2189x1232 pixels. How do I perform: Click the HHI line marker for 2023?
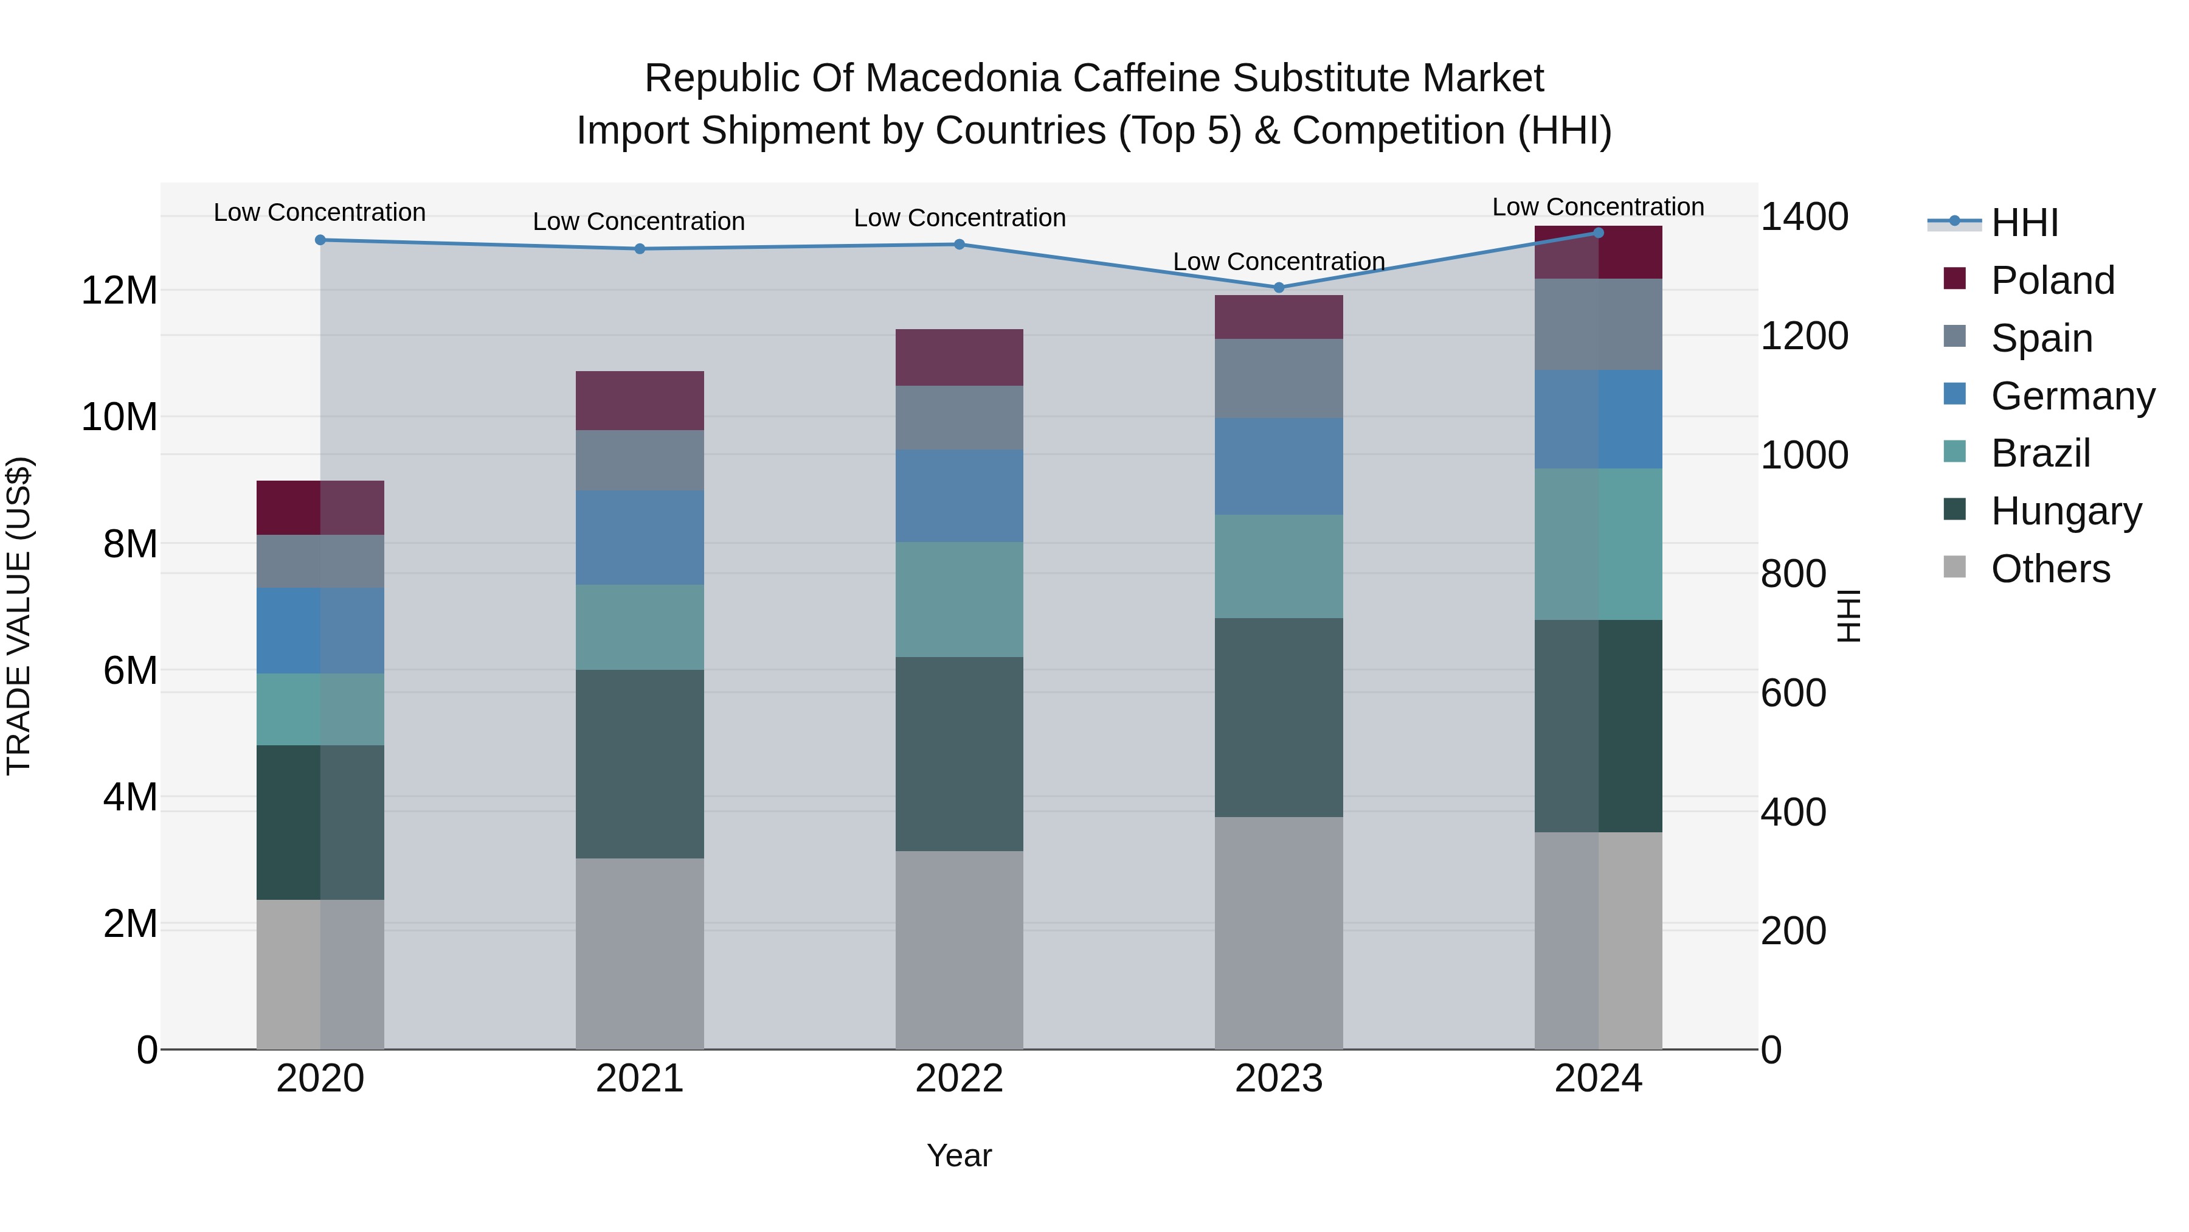click(x=1279, y=287)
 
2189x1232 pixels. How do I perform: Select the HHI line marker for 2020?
click(x=320, y=240)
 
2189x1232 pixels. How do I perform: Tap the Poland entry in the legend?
click(x=2052, y=280)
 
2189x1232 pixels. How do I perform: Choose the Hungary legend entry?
click(x=2066, y=511)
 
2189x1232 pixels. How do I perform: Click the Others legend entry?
click(x=2050, y=569)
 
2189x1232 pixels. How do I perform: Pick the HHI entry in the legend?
click(x=2024, y=223)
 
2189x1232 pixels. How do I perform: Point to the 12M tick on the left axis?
click(x=119, y=291)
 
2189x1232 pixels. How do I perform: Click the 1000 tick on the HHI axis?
click(x=1803, y=455)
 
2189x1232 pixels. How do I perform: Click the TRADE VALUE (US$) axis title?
click(x=19, y=616)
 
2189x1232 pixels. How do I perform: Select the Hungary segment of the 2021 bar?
click(x=640, y=764)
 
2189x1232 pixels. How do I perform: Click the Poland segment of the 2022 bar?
click(x=960, y=357)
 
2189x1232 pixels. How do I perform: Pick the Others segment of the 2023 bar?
click(x=1279, y=933)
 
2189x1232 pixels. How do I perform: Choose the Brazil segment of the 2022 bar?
click(x=960, y=599)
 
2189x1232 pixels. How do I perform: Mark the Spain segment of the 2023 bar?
click(x=1279, y=378)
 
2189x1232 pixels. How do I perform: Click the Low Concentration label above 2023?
click(x=1279, y=262)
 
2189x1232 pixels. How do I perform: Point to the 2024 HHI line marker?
click(x=1599, y=232)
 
